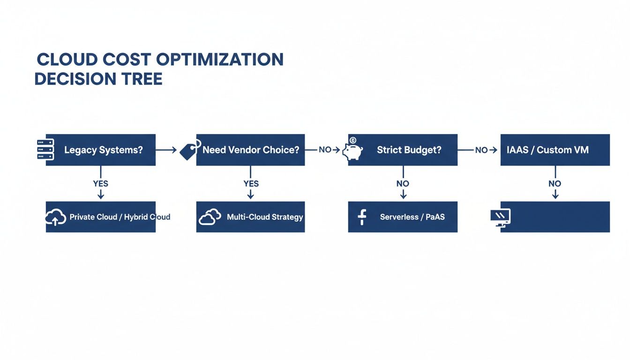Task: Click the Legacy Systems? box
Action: point(101,150)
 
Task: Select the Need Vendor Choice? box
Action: point(250,150)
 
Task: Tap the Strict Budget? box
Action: point(403,150)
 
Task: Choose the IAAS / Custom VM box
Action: point(555,150)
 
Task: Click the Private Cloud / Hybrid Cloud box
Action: point(101,217)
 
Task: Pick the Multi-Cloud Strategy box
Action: point(250,217)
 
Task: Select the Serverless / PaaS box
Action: point(403,217)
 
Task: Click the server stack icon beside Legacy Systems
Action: point(45,150)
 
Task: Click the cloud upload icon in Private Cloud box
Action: point(55,217)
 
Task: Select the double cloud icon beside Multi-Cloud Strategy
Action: point(210,217)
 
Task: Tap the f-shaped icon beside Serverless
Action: point(361,217)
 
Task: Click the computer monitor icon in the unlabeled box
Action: point(500,217)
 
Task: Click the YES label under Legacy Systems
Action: point(101,184)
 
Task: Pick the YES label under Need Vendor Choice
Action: point(251,184)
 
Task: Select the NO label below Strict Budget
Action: point(403,184)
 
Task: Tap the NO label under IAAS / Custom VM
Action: point(555,184)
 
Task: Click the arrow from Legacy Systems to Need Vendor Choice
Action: point(166,150)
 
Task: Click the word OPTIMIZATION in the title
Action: point(220,60)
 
